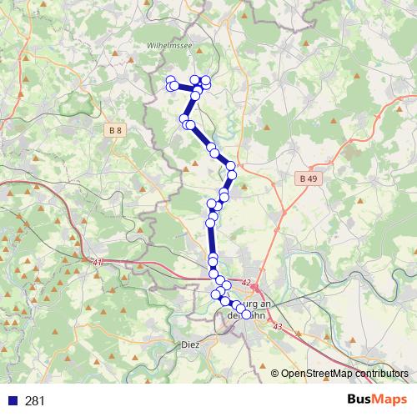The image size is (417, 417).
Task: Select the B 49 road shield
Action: click(308, 178)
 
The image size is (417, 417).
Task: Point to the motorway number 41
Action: click(98, 263)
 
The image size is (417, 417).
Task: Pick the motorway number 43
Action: click(277, 326)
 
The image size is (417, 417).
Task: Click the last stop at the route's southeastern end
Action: click(245, 314)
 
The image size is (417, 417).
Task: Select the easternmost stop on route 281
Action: click(245, 314)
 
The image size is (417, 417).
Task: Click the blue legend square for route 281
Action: click(11, 401)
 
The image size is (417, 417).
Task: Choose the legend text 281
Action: click(35, 401)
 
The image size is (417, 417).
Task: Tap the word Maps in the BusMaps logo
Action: click(391, 400)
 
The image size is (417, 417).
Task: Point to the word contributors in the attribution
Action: click(384, 374)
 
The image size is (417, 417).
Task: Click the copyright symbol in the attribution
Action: click(275, 374)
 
